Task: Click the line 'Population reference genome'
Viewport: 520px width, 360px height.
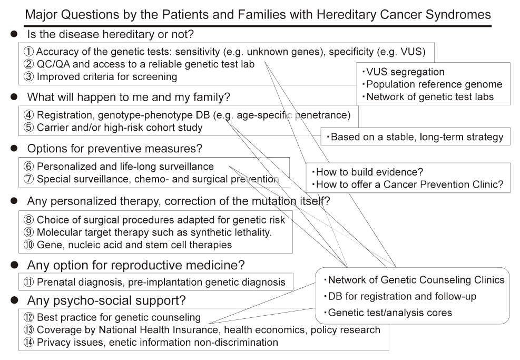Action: [434, 84]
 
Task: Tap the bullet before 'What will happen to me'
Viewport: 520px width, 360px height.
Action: [14, 98]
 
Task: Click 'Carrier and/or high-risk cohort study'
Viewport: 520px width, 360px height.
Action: [119, 128]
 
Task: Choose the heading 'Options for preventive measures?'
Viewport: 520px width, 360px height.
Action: [115, 149]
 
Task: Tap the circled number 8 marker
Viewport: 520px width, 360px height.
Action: [28, 220]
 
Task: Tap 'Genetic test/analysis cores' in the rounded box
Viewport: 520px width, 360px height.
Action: [390, 313]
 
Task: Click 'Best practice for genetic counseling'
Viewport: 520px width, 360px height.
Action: [119, 317]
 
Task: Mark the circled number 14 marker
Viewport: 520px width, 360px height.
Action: [28, 343]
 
